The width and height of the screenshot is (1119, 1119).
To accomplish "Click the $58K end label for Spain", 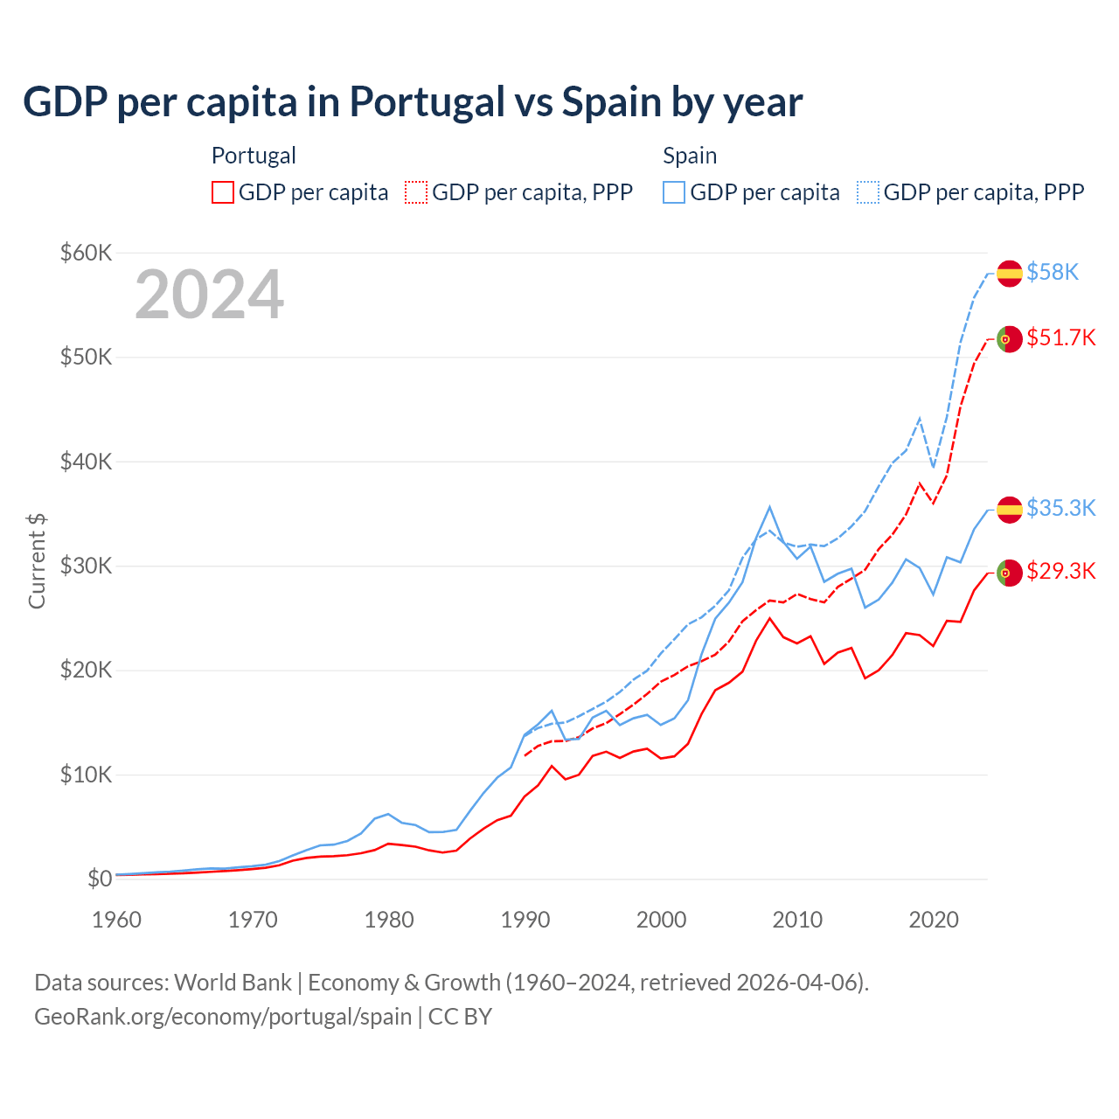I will coord(1053,272).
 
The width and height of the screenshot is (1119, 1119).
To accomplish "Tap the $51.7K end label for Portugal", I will coord(1060,337).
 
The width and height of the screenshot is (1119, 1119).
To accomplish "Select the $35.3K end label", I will coord(1060,508).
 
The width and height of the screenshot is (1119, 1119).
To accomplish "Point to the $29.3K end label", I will coord(1060,571).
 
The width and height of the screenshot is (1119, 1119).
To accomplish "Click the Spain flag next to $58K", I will coord(1010,274).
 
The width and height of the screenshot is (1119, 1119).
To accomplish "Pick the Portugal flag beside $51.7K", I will coord(1010,339).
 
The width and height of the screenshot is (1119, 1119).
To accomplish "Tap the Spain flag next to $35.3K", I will coord(1010,510).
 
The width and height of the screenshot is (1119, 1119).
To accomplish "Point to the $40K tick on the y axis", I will coord(86,462).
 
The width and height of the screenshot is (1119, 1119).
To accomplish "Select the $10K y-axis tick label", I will coord(86,775).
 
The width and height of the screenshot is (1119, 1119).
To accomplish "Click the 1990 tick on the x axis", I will coord(525,920).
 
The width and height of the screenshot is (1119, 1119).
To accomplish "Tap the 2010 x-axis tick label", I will coord(797,920).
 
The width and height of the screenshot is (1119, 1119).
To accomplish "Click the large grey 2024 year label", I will coord(210,295).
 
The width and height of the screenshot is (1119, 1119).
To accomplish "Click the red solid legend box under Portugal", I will coord(223,192).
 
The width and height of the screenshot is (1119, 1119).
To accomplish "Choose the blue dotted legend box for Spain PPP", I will coord(868,192).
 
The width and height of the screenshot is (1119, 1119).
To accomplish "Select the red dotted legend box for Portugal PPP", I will coord(416,192).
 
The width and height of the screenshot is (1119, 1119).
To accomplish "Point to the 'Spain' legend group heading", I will coord(690,156).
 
